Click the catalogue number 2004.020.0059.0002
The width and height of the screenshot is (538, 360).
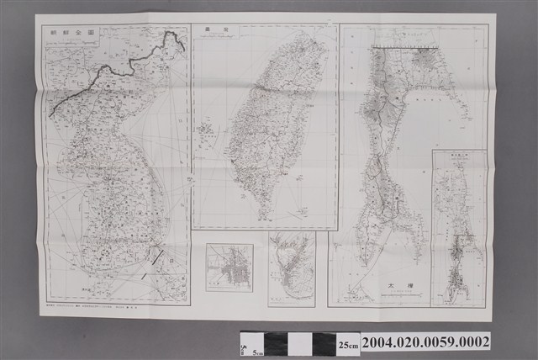(x=426, y=343)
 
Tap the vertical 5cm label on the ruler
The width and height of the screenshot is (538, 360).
(x=245, y=344)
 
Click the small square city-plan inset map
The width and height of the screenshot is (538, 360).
(x=229, y=267)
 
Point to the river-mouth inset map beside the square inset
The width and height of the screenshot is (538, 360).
(x=291, y=268)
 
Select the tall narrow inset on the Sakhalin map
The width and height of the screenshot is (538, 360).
(x=458, y=227)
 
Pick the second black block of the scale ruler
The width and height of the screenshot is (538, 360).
(x=324, y=344)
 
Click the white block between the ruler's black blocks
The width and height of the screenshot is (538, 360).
(x=300, y=344)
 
